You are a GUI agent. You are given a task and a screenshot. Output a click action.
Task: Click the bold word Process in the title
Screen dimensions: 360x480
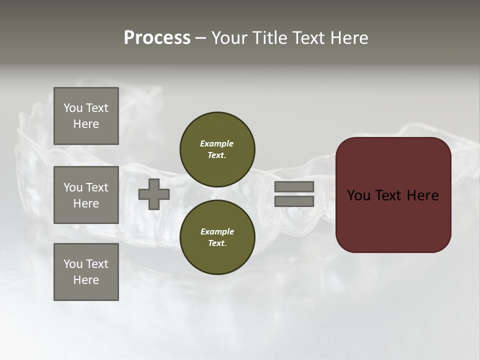click(x=157, y=38)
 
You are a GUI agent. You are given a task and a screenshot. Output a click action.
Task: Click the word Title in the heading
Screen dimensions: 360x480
click(x=268, y=38)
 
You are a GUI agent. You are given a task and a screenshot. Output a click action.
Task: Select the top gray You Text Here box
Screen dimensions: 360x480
click(x=86, y=116)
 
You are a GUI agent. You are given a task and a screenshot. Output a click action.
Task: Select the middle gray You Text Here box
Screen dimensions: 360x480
click(x=86, y=195)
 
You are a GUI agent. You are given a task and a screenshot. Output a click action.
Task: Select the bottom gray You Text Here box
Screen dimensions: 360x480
click(x=86, y=271)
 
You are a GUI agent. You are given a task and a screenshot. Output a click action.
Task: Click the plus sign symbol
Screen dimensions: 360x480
click(x=153, y=194)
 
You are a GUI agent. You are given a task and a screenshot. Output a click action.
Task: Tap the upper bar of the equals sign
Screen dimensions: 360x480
click(x=294, y=186)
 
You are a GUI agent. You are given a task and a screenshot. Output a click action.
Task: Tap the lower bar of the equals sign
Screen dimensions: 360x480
click(x=294, y=201)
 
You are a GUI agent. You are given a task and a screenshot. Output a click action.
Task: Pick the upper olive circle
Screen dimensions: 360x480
click(x=217, y=149)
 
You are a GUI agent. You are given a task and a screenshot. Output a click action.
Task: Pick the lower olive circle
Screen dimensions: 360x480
click(x=217, y=237)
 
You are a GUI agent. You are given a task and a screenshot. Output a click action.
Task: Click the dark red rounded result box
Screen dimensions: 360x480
click(x=393, y=195)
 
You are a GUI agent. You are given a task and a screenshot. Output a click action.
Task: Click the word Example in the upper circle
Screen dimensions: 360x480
click(x=216, y=143)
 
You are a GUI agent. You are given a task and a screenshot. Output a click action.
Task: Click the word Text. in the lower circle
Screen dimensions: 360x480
click(x=217, y=243)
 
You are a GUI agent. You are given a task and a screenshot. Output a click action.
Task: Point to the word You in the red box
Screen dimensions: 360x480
click(x=358, y=195)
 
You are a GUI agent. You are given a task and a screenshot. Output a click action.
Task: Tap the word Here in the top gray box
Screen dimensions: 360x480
click(x=86, y=124)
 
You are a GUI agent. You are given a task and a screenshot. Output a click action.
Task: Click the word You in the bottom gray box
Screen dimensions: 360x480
click(x=73, y=263)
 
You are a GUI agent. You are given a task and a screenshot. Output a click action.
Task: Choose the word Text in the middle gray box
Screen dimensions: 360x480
click(x=97, y=187)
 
